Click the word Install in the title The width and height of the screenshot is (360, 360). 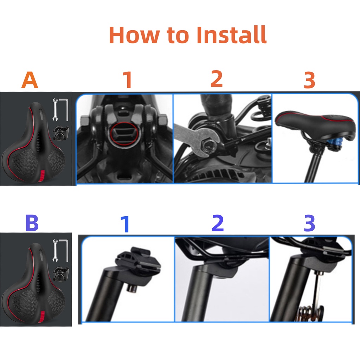click(x=231, y=35)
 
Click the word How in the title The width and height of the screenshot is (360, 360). click(x=134, y=35)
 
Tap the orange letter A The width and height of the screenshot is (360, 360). click(x=30, y=80)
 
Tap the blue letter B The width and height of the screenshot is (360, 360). click(x=32, y=223)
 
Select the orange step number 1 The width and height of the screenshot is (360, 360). click(x=128, y=79)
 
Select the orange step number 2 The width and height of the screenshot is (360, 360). click(x=217, y=78)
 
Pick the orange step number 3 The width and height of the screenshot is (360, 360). click(x=309, y=80)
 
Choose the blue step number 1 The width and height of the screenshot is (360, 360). click(x=126, y=224)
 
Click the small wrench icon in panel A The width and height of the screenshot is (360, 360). click(x=55, y=109)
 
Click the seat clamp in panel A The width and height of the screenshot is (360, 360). click(x=60, y=133)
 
